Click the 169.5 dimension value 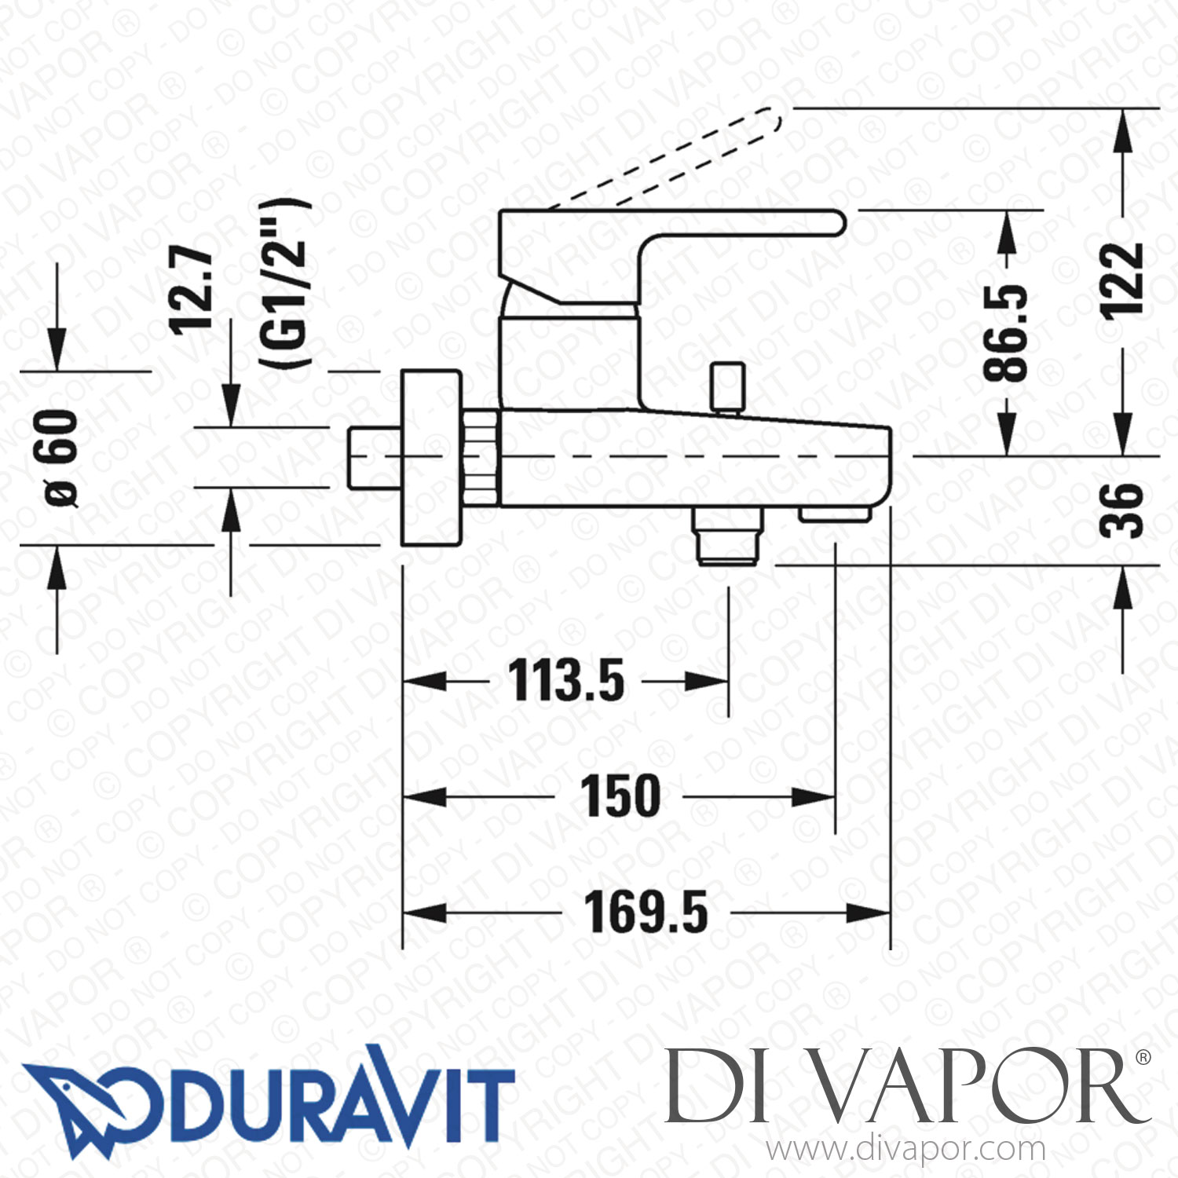click(646, 913)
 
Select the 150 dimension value click(620, 797)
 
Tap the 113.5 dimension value click(566, 681)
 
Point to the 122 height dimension click(1121, 280)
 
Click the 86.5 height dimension click(1006, 333)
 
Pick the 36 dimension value click(1121, 510)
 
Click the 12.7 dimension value click(192, 289)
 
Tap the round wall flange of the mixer click(430, 457)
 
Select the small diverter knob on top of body click(727, 386)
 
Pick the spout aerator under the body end click(834, 514)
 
